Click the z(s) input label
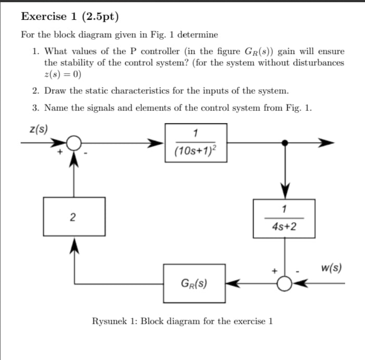[x=39, y=129]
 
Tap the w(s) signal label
[x=332, y=268]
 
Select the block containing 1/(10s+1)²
[x=196, y=143]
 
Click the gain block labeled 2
[x=74, y=216]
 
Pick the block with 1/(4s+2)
[x=284, y=219]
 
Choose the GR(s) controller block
[x=194, y=283]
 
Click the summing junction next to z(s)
[x=74, y=143]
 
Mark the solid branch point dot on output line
[x=285, y=143]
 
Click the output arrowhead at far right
[x=328, y=143]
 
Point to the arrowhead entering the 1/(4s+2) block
[x=285, y=193]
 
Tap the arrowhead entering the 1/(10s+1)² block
[x=158, y=143]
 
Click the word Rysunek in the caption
[x=110, y=321]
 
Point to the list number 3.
[x=35, y=108]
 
